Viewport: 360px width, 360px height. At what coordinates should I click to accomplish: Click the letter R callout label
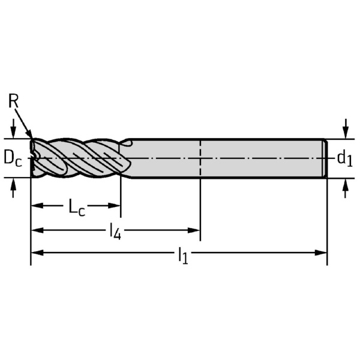(x=13, y=101)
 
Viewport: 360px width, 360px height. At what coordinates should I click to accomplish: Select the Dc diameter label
(x=13, y=158)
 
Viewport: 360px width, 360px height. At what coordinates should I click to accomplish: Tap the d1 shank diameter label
(x=344, y=158)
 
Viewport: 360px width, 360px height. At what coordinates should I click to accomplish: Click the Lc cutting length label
(x=77, y=208)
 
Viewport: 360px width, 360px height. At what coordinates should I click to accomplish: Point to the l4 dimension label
(x=115, y=232)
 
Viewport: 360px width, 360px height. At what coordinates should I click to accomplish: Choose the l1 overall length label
(x=183, y=256)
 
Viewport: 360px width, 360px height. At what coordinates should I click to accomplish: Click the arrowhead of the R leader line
(x=30, y=134)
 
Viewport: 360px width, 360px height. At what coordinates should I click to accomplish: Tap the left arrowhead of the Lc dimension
(x=37, y=205)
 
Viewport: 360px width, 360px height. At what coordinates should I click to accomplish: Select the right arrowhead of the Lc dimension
(x=114, y=205)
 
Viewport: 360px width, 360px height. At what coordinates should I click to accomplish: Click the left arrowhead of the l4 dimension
(x=37, y=230)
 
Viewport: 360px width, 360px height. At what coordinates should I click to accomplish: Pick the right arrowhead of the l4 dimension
(x=194, y=230)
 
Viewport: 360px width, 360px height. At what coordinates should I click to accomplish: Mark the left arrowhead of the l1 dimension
(x=37, y=253)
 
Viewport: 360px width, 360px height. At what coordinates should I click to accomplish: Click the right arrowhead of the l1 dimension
(x=321, y=253)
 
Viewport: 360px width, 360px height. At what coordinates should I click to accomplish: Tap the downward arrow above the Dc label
(x=13, y=128)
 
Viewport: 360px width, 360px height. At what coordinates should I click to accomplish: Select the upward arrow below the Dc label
(x=13, y=188)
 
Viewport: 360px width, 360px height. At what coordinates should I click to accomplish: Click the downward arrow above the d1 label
(x=346, y=129)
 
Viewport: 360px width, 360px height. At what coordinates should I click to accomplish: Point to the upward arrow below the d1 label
(x=346, y=188)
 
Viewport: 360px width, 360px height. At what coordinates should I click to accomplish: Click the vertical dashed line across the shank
(x=200, y=158)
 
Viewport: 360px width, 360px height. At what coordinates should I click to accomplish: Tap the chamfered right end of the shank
(x=325, y=158)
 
